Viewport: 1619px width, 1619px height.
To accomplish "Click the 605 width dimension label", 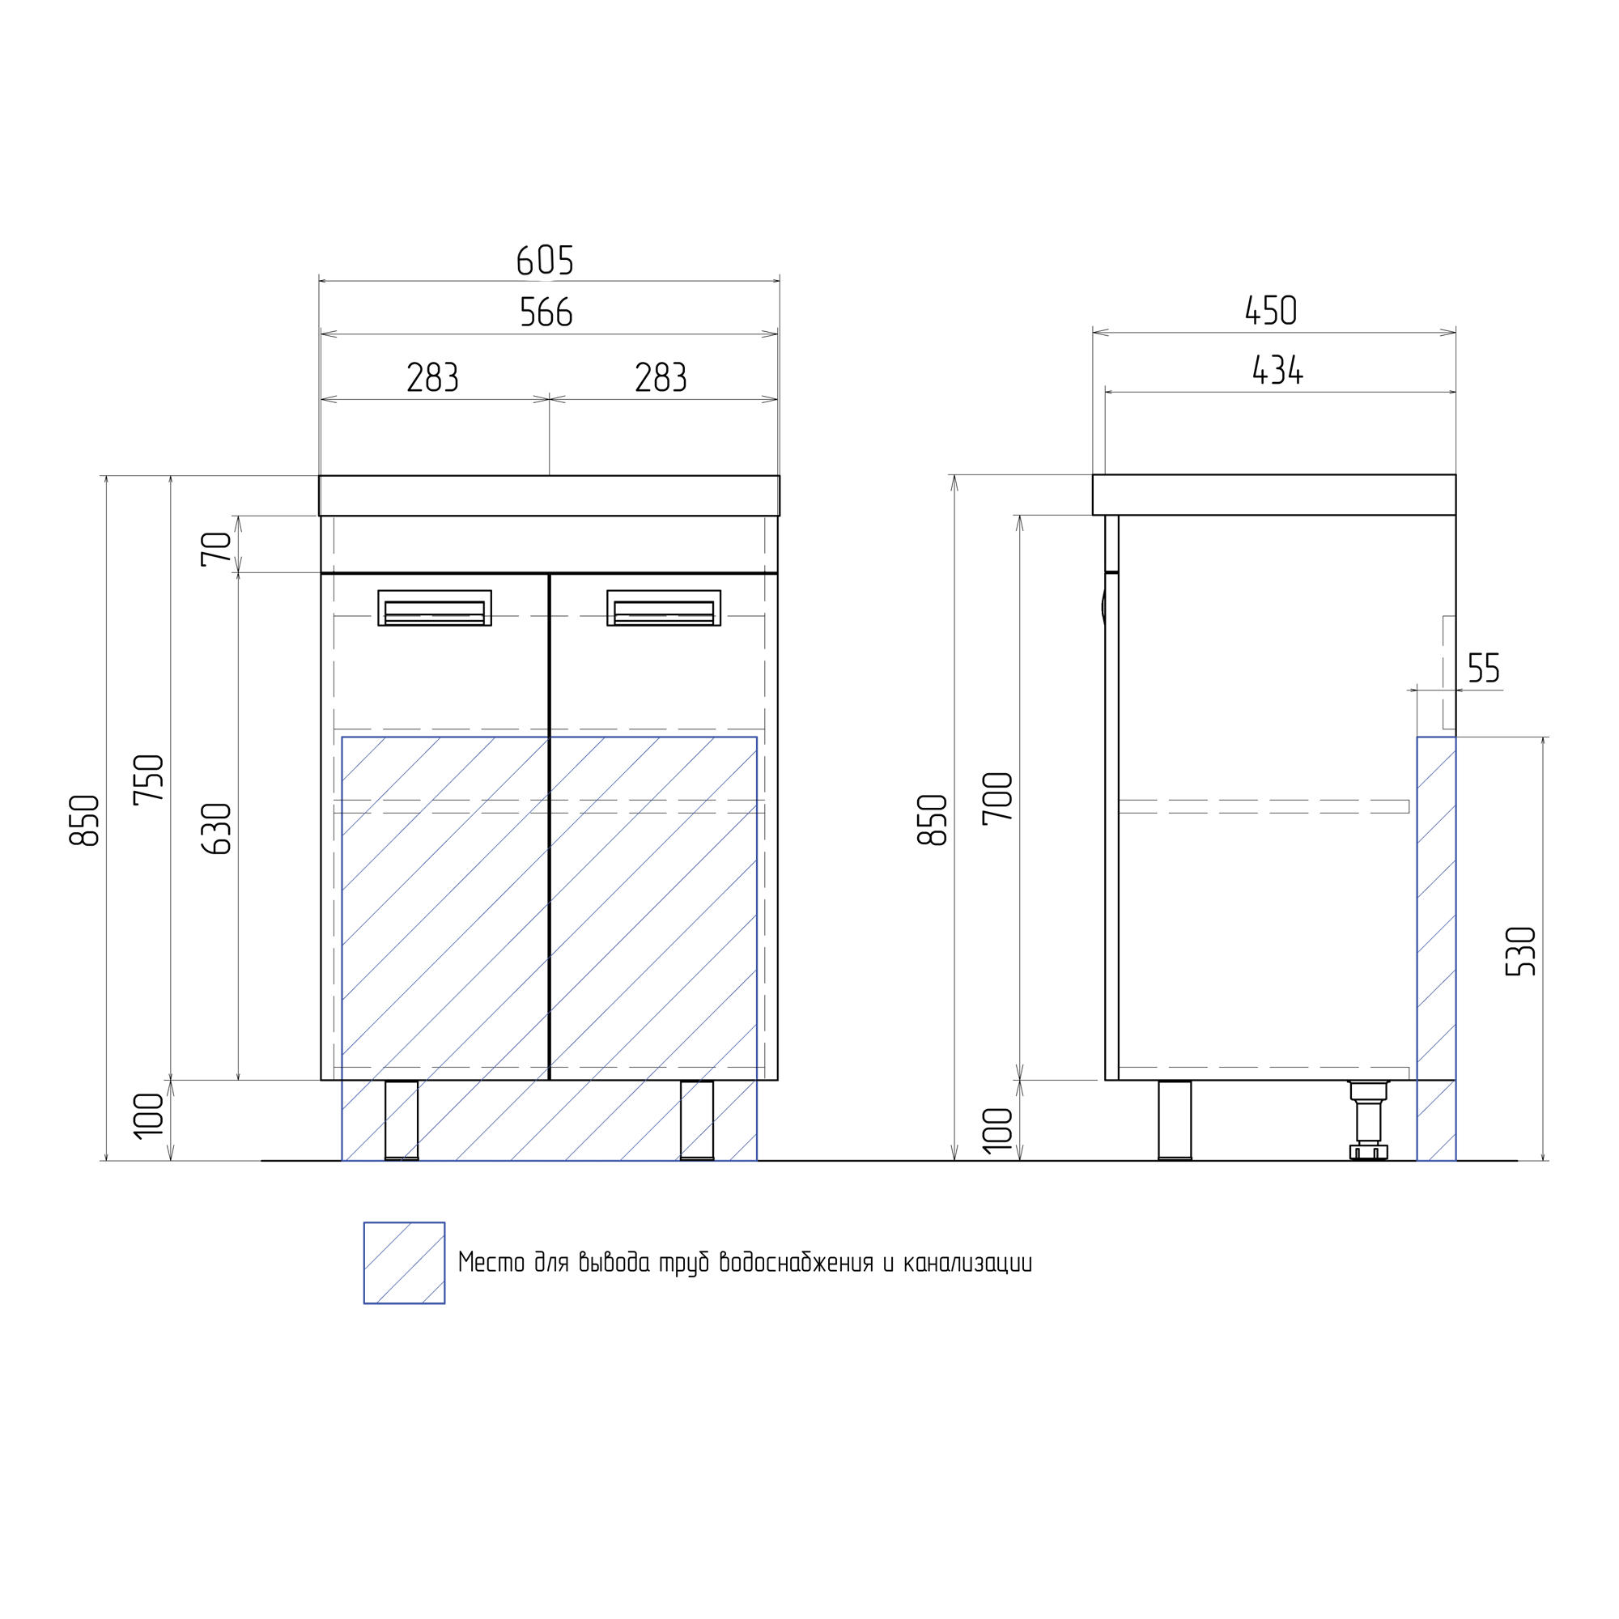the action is (x=546, y=260).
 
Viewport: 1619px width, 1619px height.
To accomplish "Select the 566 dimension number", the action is (x=546, y=312).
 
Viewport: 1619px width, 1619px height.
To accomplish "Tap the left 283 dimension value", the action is (x=432, y=377).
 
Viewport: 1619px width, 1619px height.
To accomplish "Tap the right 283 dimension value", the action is (x=661, y=377).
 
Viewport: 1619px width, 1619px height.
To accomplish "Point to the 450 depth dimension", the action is (x=1271, y=310).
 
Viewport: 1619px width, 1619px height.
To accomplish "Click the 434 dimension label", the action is (x=1278, y=370).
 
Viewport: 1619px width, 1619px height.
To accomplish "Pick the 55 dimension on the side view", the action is (x=1484, y=668).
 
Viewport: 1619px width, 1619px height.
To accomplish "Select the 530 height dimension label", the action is (x=1520, y=951).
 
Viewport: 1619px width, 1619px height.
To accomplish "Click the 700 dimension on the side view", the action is (x=997, y=799).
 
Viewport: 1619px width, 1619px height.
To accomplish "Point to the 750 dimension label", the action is (x=148, y=780).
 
